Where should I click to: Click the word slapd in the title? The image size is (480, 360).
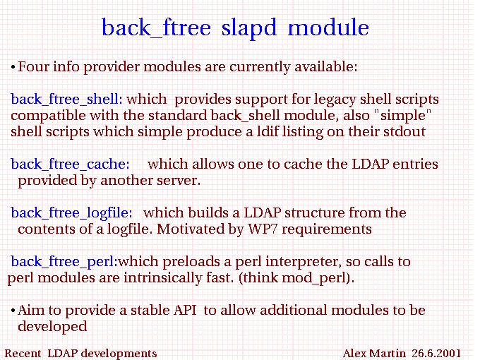249,28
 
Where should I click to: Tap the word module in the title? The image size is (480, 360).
328,28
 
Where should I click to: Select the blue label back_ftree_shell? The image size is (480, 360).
66,100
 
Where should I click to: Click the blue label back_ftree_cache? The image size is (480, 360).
70,164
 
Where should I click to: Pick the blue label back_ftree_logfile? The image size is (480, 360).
71,213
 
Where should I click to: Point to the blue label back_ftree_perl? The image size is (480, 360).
64,262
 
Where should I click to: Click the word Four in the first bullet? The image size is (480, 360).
33,66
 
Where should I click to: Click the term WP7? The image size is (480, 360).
263,229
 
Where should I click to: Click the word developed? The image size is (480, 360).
52,327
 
